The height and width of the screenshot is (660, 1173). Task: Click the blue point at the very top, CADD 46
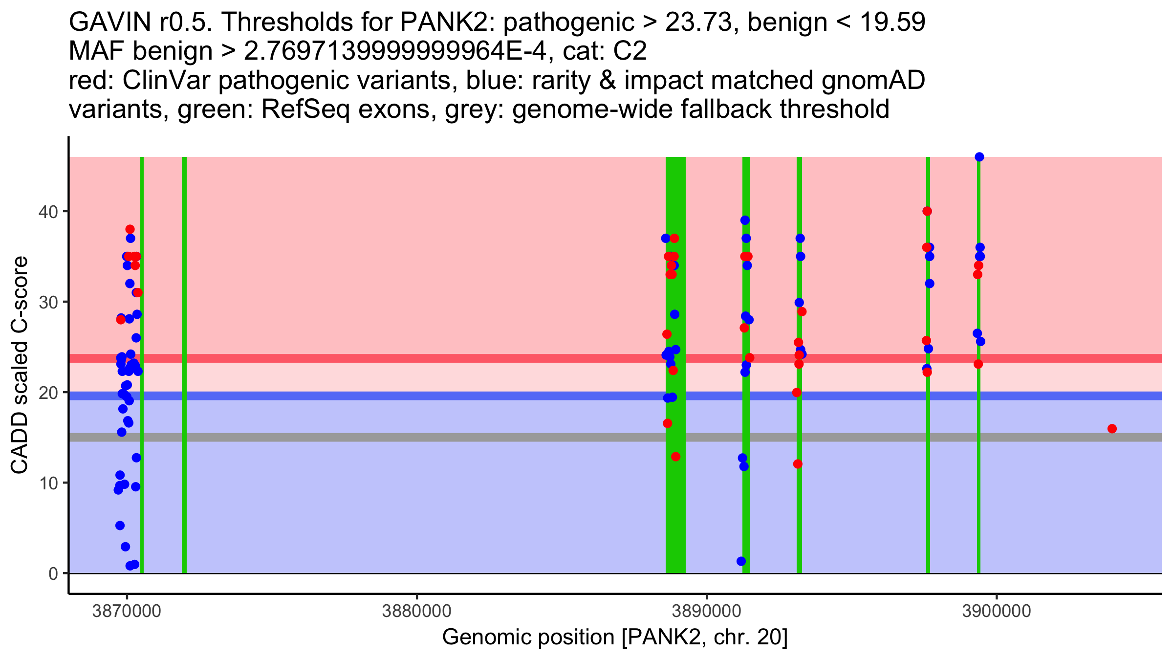pyautogui.click(x=979, y=157)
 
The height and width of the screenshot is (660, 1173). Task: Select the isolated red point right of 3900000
pyautogui.click(x=1112, y=429)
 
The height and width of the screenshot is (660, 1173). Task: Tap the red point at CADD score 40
pyautogui.click(x=927, y=211)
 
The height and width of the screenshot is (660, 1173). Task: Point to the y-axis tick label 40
pyautogui.click(x=48, y=212)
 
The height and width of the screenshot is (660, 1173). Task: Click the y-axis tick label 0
pyautogui.click(x=53, y=573)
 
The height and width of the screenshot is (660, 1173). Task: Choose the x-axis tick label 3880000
pyautogui.click(x=416, y=612)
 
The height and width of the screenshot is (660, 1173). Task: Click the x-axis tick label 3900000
pyautogui.click(x=997, y=612)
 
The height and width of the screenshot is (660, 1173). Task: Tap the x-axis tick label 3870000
pyautogui.click(x=127, y=612)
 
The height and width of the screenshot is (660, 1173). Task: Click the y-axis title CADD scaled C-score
pyautogui.click(x=20, y=365)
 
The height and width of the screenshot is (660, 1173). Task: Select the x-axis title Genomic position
pyautogui.click(x=615, y=638)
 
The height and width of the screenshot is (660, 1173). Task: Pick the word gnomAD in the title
pyautogui.click(x=873, y=81)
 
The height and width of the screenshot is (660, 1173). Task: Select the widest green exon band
pyautogui.click(x=675, y=365)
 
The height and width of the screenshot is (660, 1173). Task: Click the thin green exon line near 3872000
pyautogui.click(x=184, y=365)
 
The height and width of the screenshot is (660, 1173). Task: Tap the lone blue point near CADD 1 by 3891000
pyautogui.click(x=741, y=561)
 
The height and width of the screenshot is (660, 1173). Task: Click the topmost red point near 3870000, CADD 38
pyautogui.click(x=130, y=229)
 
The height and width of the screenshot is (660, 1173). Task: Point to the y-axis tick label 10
pyautogui.click(x=48, y=484)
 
